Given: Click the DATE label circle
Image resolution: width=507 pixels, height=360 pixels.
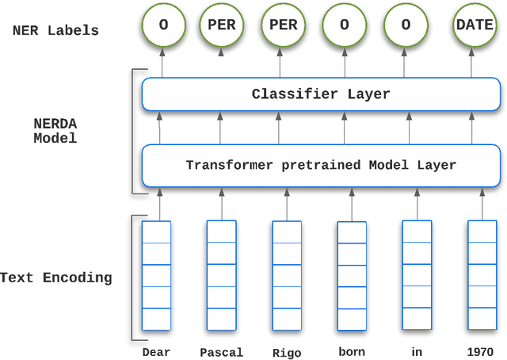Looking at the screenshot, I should tap(475, 25).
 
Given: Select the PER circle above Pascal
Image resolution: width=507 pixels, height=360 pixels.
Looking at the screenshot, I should tap(221, 25).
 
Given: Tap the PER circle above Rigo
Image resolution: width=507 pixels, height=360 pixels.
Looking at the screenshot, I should tap(283, 25).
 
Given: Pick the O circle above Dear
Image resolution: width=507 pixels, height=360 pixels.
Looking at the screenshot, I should tap(163, 25).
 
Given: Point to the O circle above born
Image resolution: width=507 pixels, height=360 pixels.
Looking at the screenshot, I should tap(345, 25).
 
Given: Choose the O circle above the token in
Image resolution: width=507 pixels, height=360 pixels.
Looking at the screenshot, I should tap(406, 25).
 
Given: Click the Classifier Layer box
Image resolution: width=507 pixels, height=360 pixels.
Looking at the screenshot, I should tap(321, 94).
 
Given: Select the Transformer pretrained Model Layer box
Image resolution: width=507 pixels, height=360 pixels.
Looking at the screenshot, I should tap(321, 165).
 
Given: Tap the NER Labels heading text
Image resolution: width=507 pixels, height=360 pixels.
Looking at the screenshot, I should tap(55, 31).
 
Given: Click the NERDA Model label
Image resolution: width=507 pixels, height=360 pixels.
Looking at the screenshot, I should tap(55, 132).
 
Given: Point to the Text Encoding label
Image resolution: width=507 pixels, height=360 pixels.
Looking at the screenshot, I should tap(55, 278).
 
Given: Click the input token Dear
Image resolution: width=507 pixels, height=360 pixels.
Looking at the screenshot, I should tap(156, 351).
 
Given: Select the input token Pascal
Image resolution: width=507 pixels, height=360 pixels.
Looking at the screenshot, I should tap(221, 351).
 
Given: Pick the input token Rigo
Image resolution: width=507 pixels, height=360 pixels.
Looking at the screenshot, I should tap(287, 352).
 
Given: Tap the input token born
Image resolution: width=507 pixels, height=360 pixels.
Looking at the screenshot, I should tap(352, 351).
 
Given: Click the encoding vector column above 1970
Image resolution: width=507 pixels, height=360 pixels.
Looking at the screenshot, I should tap(482, 275).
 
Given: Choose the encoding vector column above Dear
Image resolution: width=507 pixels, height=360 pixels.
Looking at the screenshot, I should tap(156, 275).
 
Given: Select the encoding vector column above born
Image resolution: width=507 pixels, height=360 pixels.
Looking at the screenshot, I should tap(352, 275).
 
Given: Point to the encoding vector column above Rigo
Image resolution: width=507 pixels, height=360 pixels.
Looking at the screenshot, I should tap(287, 275).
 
